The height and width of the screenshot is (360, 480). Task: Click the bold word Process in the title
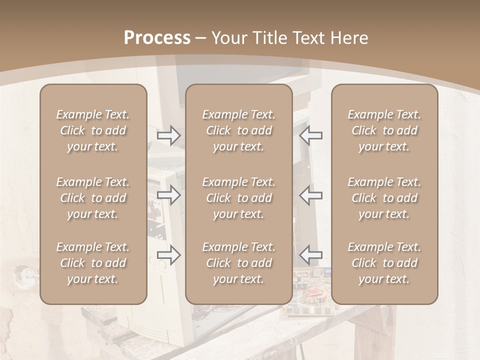pos(157,38)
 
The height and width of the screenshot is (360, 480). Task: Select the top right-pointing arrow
pos(169,135)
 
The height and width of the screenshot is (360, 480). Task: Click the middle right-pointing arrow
pos(169,195)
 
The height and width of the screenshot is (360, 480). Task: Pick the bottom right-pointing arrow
pos(169,255)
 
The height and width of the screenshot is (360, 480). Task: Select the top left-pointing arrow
pos(311,135)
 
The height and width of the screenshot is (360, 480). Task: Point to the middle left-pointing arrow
pos(311,195)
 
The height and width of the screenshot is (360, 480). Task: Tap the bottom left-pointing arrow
pos(311,255)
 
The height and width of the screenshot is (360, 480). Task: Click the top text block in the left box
pos(93,130)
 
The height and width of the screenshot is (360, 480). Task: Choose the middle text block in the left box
pos(93,198)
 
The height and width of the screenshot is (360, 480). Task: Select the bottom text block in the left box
pos(93,263)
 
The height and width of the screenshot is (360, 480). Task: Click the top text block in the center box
pos(238,130)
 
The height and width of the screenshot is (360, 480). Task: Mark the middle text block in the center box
pos(238,198)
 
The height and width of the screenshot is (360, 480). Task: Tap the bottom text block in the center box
pos(238,263)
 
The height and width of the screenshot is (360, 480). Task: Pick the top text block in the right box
pos(384,130)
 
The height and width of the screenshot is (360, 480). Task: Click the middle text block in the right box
pos(384,198)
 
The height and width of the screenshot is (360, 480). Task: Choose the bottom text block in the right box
pos(384,263)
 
